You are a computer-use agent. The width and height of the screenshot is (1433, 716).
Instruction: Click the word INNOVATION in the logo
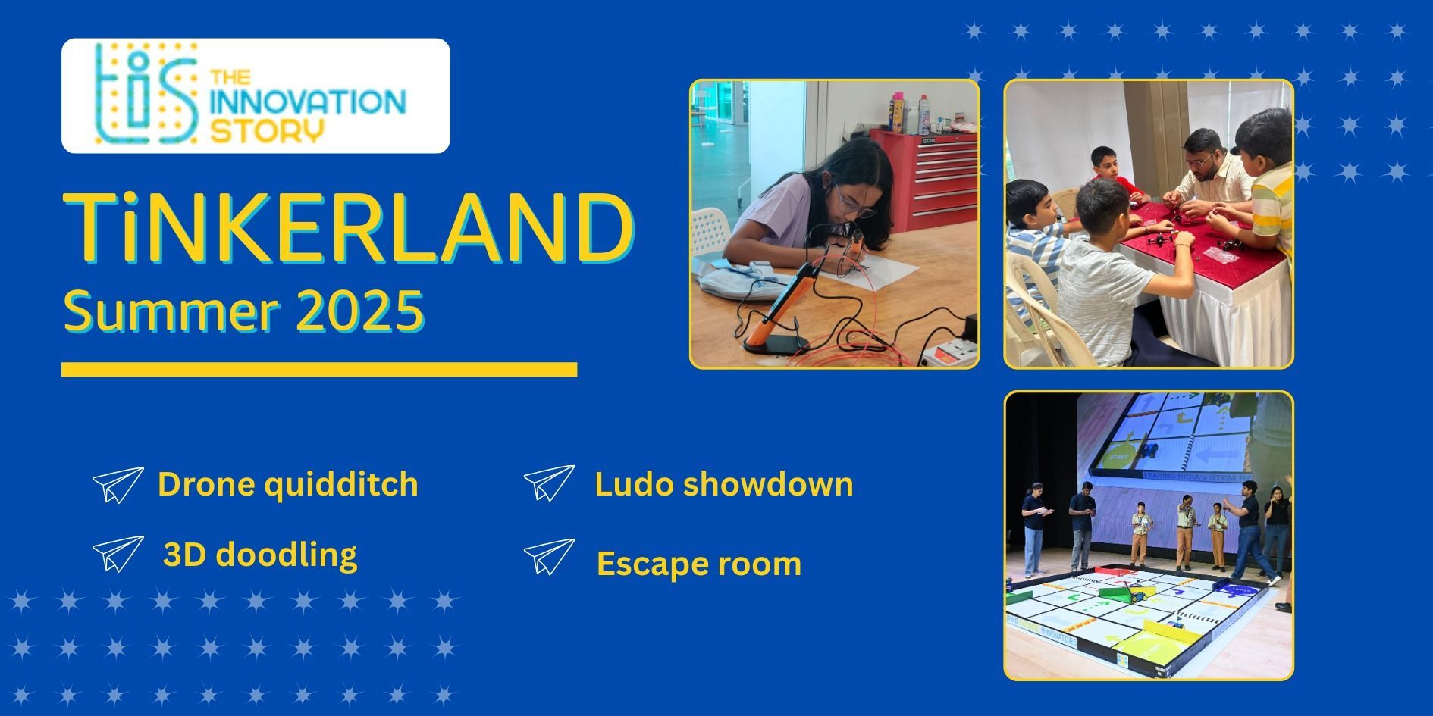point(308,103)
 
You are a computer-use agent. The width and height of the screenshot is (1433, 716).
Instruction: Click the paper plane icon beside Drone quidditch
point(118,485)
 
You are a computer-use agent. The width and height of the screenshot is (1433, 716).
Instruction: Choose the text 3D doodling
point(260,555)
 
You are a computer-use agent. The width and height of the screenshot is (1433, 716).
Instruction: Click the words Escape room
point(698,564)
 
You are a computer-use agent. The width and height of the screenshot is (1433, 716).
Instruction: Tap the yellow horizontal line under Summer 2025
point(319,370)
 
